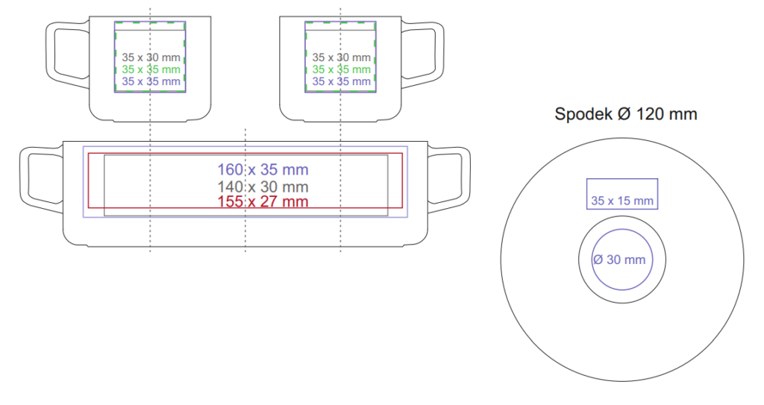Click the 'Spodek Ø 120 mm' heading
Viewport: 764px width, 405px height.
coord(626,114)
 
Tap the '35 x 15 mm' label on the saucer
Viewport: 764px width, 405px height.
coord(622,201)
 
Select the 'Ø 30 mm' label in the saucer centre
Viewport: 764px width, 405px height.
coord(619,260)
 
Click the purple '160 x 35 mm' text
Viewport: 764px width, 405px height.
coord(263,169)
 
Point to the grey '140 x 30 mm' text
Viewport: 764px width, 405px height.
coord(263,186)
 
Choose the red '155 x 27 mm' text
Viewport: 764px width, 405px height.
coord(263,201)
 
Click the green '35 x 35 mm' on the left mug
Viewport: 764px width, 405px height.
coord(151,69)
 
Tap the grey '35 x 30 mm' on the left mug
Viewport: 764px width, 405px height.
coord(151,57)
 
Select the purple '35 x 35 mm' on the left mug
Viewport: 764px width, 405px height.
coord(151,81)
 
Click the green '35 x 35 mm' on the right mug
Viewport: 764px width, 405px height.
coord(342,69)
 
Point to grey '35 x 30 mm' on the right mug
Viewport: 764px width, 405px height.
coord(342,57)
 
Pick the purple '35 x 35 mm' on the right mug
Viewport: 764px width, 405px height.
coord(342,81)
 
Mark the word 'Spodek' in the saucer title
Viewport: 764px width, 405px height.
coord(583,115)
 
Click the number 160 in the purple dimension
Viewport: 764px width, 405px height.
coord(230,169)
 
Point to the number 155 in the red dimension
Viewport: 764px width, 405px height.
coord(230,201)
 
